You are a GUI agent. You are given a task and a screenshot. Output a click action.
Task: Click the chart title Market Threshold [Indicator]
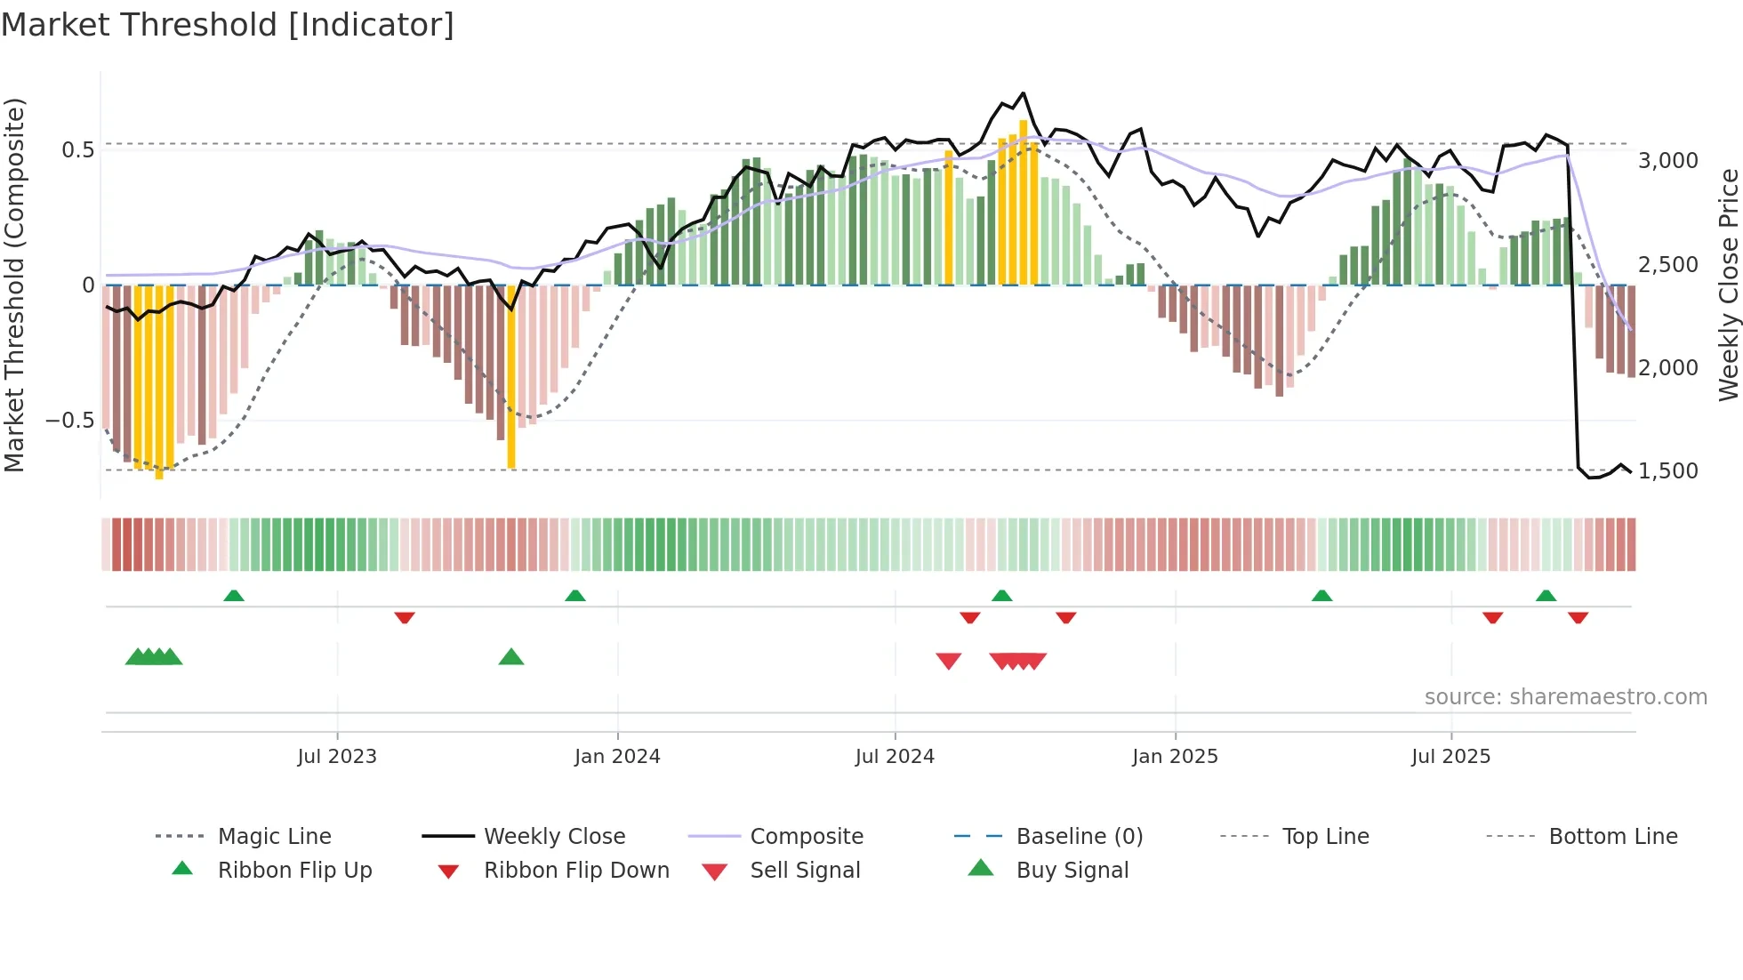click(x=228, y=25)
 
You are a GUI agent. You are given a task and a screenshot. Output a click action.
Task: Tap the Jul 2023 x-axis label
click(x=337, y=757)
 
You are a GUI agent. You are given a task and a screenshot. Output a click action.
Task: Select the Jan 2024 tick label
click(x=617, y=757)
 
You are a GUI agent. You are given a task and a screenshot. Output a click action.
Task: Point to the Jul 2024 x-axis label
click(x=895, y=757)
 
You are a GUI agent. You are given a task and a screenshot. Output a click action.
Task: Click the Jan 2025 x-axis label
click(x=1175, y=757)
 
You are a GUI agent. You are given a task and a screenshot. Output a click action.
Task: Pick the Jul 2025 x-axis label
click(x=1450, y=757)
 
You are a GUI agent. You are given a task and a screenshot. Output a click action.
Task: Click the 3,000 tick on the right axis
click(x=1668, y=161)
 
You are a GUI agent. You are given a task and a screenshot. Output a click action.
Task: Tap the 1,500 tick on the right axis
click(x=1668, y=471)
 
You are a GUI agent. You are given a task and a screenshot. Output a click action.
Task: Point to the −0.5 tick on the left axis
click(x=69, y=420)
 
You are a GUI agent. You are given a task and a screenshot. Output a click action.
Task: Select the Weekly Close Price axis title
click(x=1728, y=285)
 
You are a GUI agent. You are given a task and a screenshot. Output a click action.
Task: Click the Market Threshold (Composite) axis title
click(x=14, y=285)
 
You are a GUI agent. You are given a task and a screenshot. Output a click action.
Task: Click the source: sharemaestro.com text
click(x=1565, y=697)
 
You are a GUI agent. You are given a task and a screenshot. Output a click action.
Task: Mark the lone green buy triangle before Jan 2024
click(x=511, y=657)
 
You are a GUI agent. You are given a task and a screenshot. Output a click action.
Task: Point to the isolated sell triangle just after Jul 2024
click(x=949, y=661)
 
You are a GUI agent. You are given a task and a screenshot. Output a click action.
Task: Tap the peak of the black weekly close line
click(x=1024, y=92)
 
